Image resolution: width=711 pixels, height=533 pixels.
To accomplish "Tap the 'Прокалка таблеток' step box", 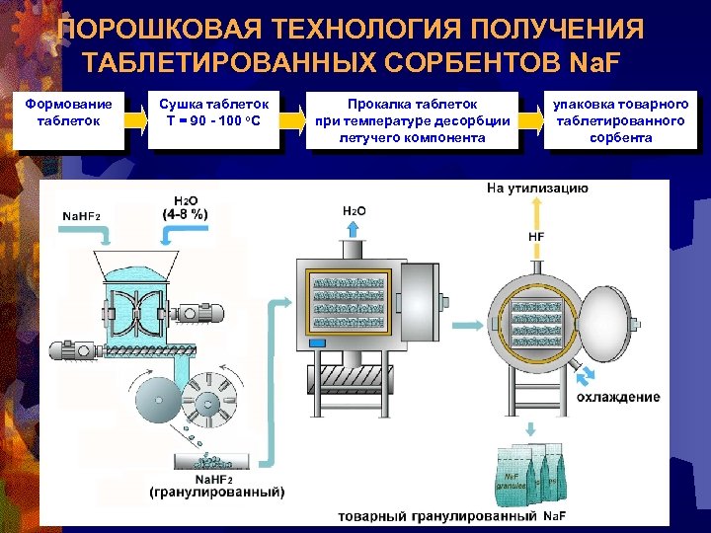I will tap(412, 119).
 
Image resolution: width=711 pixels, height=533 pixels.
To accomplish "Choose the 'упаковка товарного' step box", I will tap(620, 119).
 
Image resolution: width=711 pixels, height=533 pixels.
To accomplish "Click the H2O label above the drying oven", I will tap(354, 210).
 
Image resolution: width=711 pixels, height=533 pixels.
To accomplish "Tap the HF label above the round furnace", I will tap(536, 237).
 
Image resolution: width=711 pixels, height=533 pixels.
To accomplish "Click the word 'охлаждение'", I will tap(619, 397).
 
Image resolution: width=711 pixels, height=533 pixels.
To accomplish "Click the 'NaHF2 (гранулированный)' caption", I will tap(216, 485).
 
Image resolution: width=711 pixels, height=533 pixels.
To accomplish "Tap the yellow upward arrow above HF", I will tap(536, 211).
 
